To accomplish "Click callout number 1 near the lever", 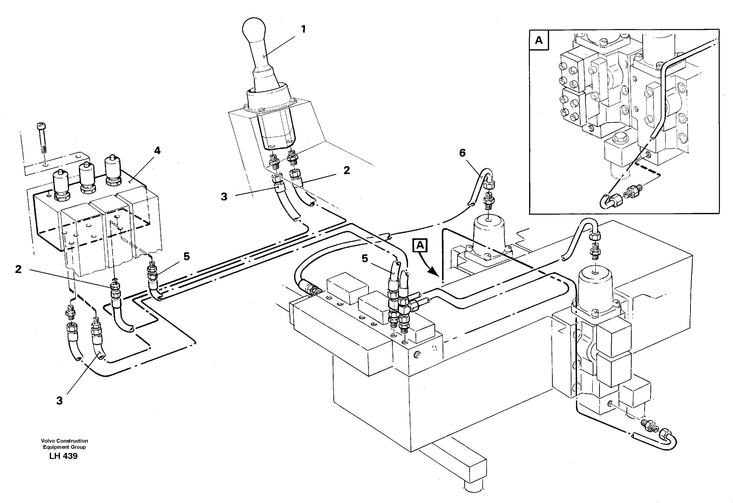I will click(x=303, y=30).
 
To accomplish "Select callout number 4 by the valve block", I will click(x=157, y=151).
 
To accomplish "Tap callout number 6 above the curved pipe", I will click(x=462, y=153).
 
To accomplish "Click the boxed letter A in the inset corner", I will click(x=539, y=40).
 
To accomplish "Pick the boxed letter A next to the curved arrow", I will click(x=420, y=245).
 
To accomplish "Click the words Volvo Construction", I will click(x=64, y=441).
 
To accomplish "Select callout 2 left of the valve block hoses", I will click(x=18, y=269).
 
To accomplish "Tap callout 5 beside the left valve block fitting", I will click(x=187, y=257).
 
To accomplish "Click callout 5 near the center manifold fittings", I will click(x=365, y=259).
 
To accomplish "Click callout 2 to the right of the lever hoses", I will click(x=347, y=170).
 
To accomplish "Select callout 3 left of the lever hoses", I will click(x=224, y=197).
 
